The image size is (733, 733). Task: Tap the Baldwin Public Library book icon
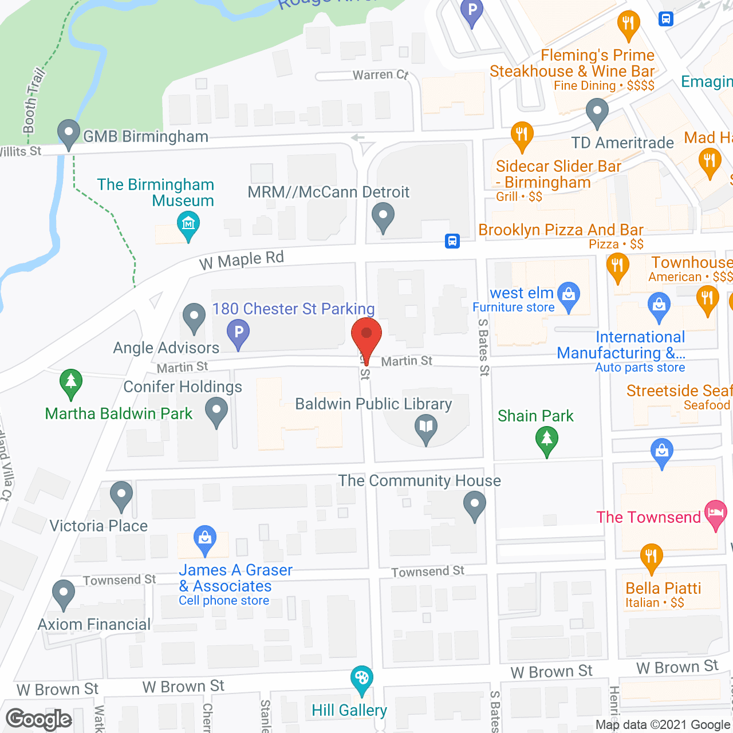pyautogui.click(x=425, y=427)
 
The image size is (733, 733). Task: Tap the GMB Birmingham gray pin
pyautogui.click(x=69, y=133)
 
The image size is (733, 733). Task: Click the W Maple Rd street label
pyautogui.click(x=241, y=261)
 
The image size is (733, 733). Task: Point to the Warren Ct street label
pyautogui.click(x=380, y=75)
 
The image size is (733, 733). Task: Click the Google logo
pyautogui.click(x=39, y=719)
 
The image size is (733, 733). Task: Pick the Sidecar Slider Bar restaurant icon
pyautogui.click(x=522, y=135)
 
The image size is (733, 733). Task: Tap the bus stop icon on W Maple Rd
pyautogui.click(x=452, y=241)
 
